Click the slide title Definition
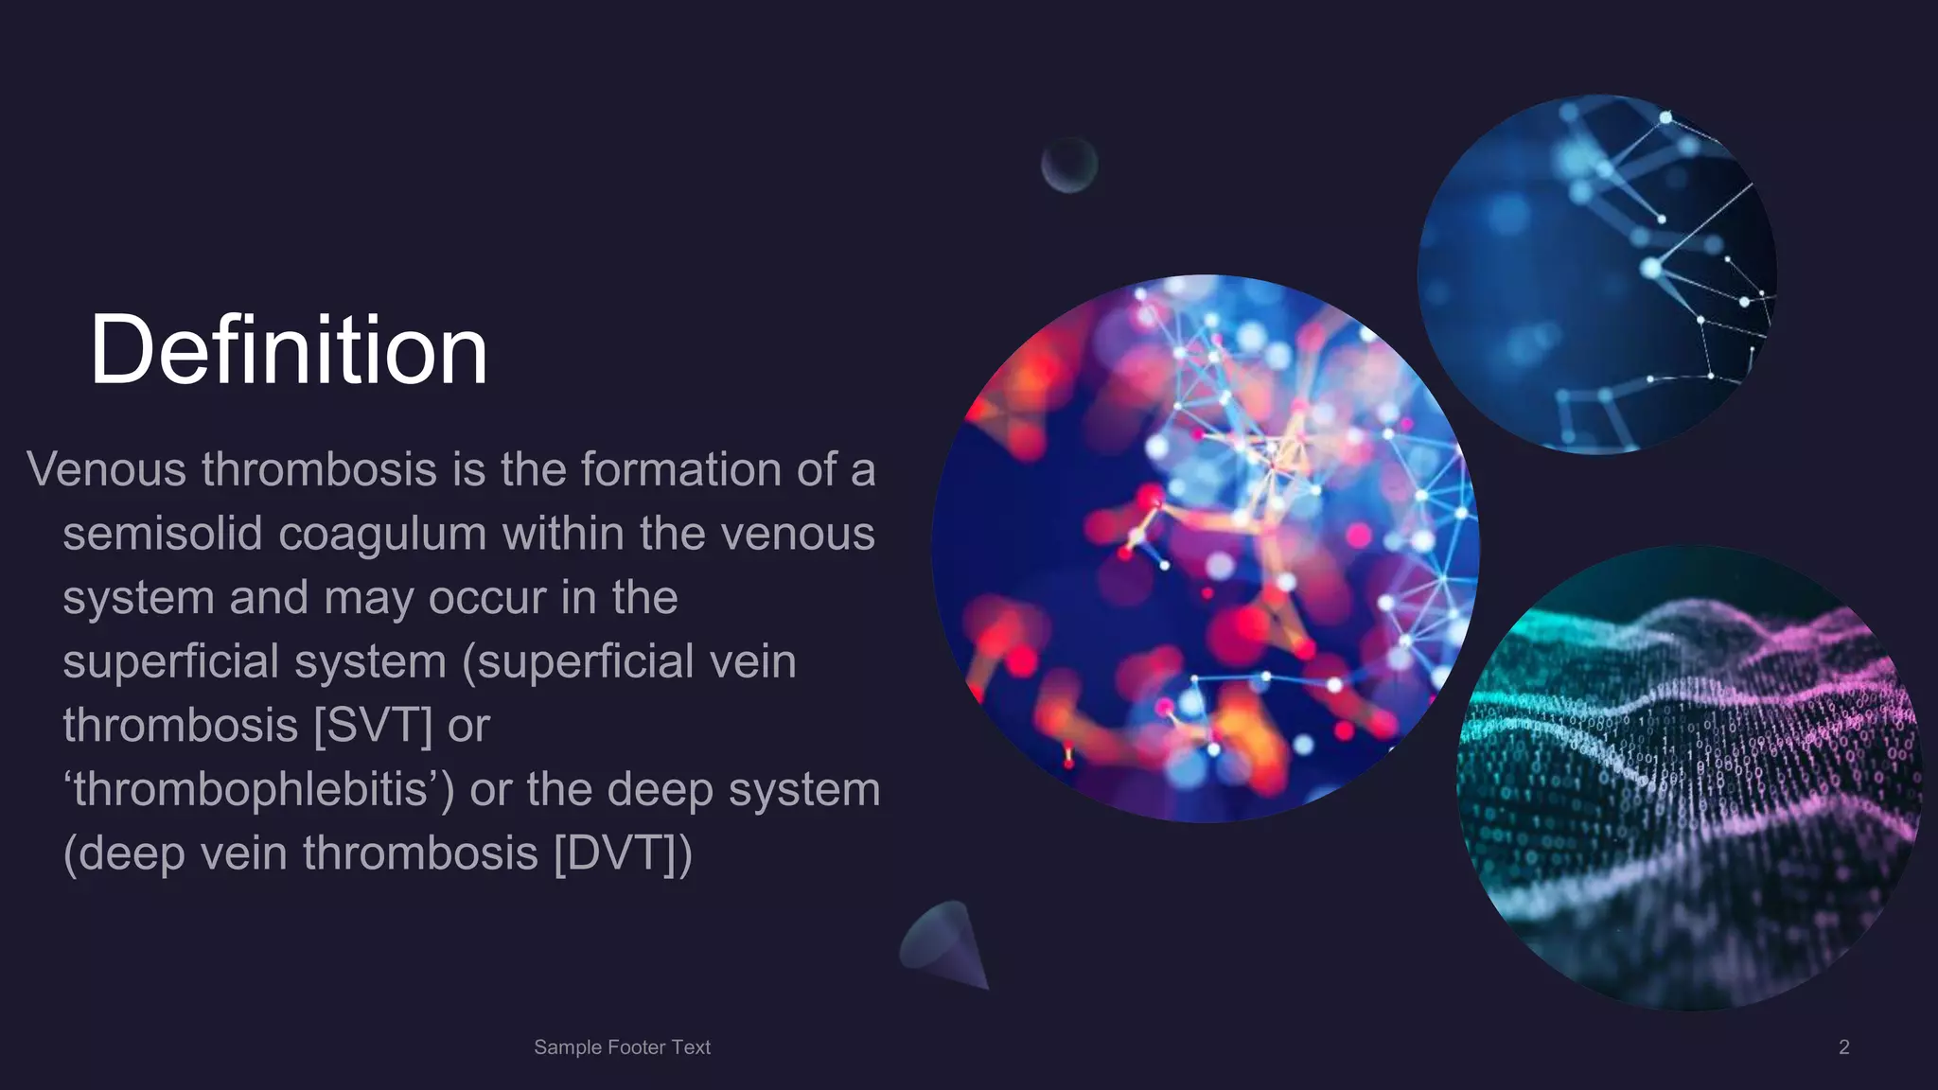point(289,350)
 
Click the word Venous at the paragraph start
point(107,469)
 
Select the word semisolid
point(162,534)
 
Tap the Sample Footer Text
point(622,1047)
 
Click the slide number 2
point(1843,1047)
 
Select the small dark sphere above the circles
point(1069,165)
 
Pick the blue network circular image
point(1596,274)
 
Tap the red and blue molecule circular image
point(1205,549)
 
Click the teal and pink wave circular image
point(1689,778)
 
